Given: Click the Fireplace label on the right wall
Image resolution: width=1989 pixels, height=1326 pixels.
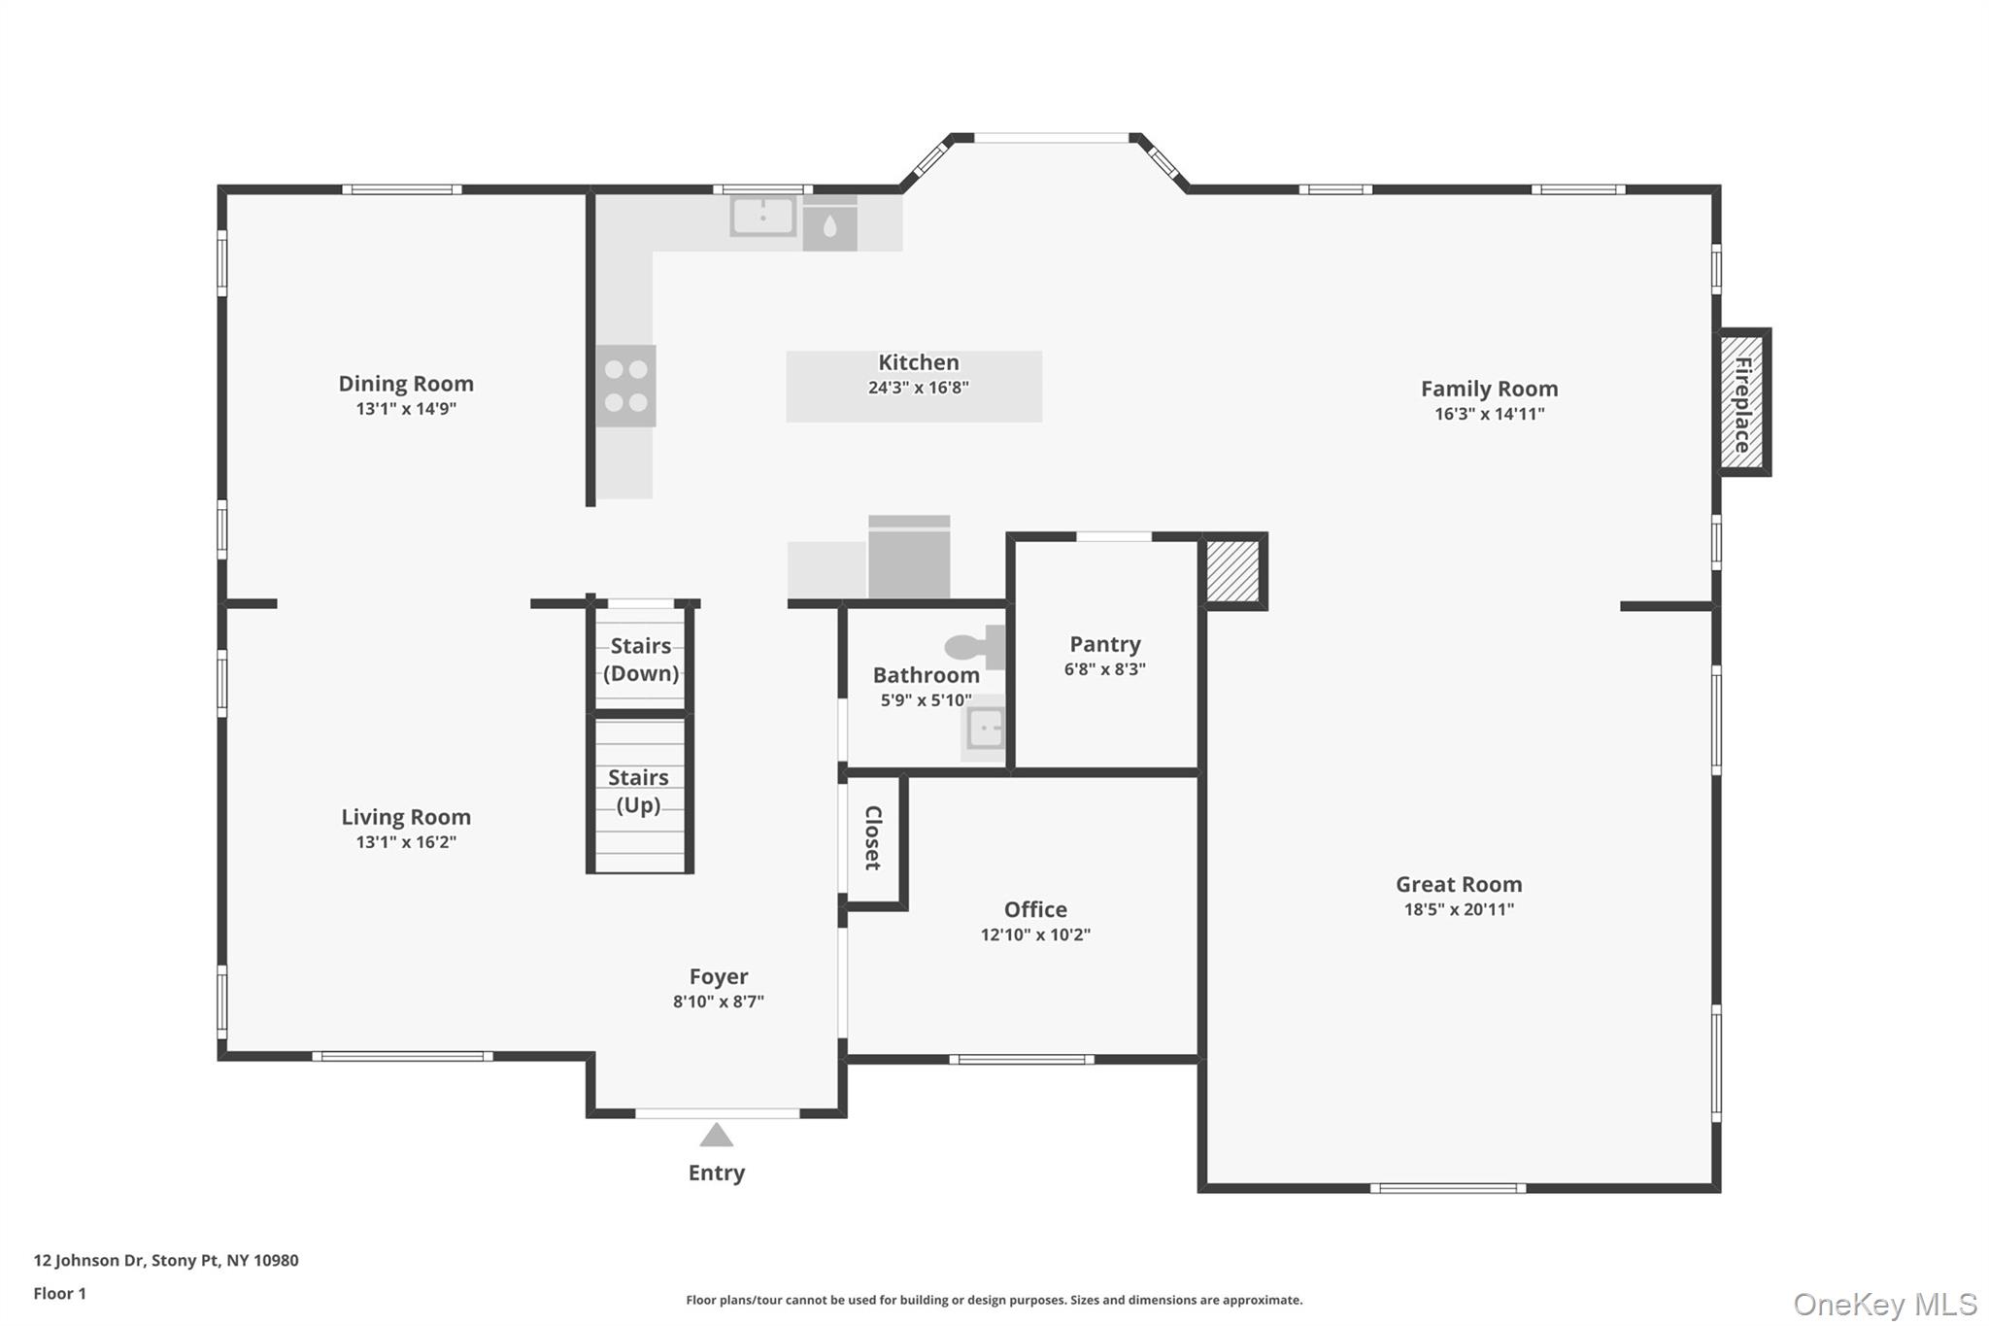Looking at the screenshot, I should point(1742,403).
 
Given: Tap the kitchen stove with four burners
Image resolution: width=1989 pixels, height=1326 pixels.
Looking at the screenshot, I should point(625,386).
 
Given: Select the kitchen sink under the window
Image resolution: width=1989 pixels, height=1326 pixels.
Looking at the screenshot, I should point(763,216).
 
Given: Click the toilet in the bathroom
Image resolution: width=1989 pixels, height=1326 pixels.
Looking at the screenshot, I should point(973,647).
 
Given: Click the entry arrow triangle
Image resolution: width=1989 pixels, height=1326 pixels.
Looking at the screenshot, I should point(717,1135).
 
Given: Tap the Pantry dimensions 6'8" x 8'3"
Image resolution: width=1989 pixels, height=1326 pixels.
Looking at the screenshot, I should point(1104,669).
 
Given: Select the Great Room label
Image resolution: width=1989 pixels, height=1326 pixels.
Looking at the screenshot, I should point(1459,884).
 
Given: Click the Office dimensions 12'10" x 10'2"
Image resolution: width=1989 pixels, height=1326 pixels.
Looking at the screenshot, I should point(1035,935).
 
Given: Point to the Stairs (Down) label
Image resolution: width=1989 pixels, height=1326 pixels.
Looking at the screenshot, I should point(641,660).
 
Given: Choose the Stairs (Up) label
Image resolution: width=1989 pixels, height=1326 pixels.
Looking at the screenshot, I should point(638,791).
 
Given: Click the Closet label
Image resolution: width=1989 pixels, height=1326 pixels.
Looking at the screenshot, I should point(872,837).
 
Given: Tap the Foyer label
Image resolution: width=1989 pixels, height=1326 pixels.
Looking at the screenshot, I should point(719,976).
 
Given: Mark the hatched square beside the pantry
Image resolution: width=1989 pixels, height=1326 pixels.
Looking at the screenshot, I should point(1232,571).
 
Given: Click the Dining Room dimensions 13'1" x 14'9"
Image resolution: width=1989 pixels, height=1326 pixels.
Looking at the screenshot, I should point(406,409).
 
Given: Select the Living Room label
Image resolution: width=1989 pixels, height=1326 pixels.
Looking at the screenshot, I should point(406,817).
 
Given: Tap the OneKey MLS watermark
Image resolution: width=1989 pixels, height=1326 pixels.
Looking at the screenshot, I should point(1884,1304).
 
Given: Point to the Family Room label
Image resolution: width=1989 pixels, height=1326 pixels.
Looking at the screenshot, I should point(1489,389).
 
